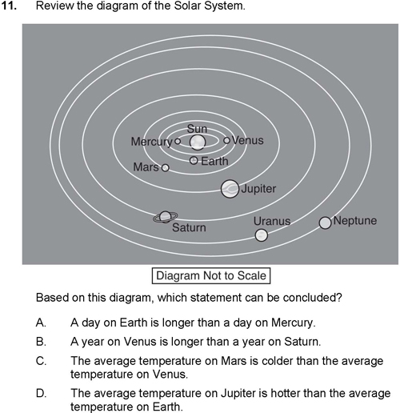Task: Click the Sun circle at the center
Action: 198,142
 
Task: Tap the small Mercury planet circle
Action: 178,141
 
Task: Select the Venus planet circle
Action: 226,140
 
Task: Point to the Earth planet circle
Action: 194,161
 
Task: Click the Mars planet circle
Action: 166,168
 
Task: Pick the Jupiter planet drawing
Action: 230,189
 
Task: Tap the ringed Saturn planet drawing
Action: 166,217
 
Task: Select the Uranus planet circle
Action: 262,235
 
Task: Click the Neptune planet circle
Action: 326,223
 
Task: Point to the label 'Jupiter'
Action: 258,189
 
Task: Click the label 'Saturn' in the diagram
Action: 189,227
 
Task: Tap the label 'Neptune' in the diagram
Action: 355,221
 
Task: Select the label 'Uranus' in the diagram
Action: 272,221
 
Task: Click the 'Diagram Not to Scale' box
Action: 211,275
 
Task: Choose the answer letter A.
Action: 41,323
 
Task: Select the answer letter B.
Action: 41,342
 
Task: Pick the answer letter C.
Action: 41,361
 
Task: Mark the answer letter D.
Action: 41,394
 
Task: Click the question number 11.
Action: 9,6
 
